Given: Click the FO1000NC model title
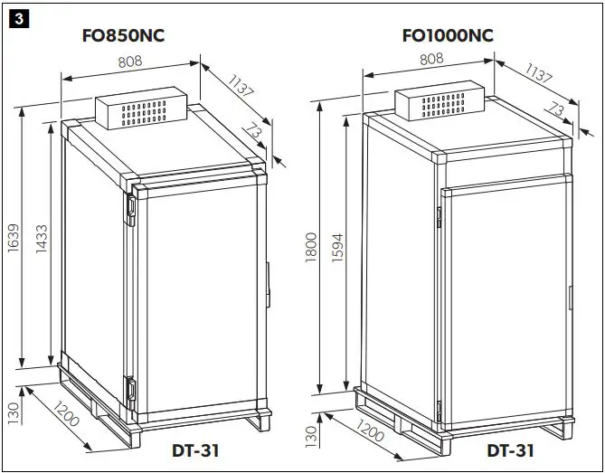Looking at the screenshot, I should click(x=448, y=36).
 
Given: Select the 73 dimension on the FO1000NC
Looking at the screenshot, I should click(x=558, y=110).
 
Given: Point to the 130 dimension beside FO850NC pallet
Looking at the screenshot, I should click(x=14, y=412).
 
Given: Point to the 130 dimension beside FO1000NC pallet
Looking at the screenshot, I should click(x=312, y=437).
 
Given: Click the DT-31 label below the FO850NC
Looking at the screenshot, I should click(x=195, y=449).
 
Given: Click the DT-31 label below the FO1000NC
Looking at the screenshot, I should click(x=511, y=449).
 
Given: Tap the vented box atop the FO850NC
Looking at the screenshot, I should click(x=140, y=111).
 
